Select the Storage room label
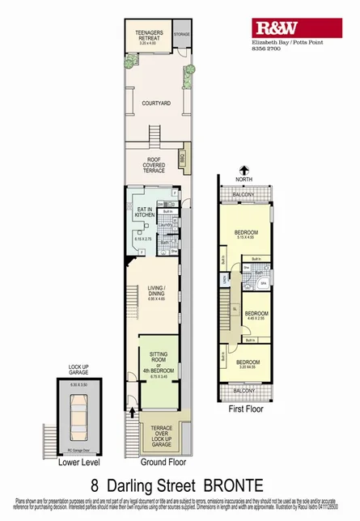182,35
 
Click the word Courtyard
155,104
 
